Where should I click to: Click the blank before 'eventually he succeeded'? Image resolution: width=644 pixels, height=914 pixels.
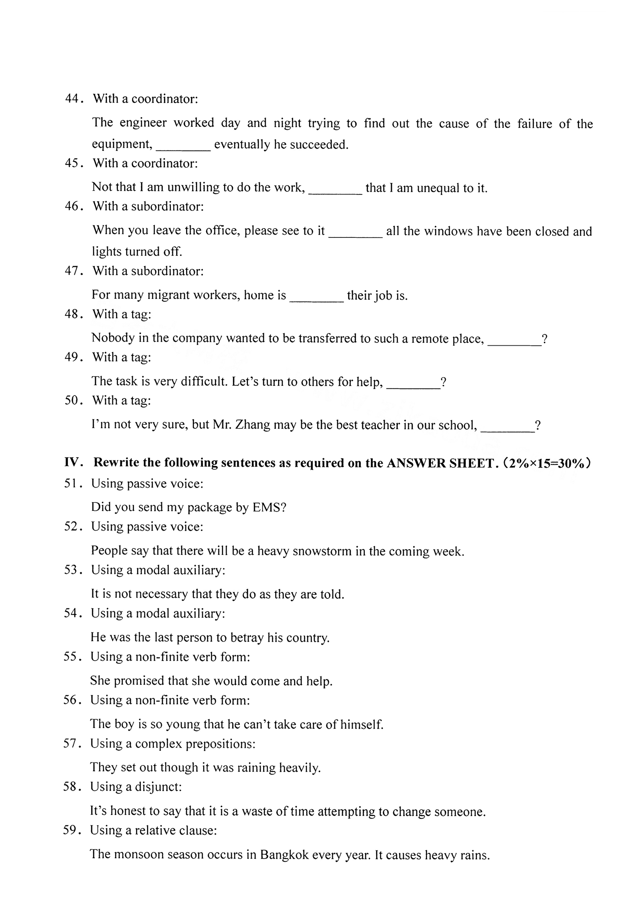[x=183, y=146]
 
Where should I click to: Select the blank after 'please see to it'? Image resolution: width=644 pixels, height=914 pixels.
[x=355, y=233]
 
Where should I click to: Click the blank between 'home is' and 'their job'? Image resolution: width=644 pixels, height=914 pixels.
[x=316, y=298]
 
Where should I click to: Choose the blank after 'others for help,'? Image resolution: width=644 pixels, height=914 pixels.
[x=413, y=384]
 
